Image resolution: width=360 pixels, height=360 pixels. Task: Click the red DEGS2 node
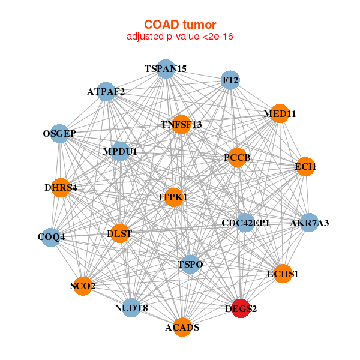click(241, 308)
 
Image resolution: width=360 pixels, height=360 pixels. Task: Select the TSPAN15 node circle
click(166, 69)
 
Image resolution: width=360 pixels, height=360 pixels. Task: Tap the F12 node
click(230, 80)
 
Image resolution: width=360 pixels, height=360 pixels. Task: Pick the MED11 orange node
click(280, 113)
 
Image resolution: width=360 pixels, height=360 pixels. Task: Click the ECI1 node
click(305, 167)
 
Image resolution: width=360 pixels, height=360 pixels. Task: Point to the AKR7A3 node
click(309, 223)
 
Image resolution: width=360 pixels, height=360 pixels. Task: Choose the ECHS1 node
click(283, 274)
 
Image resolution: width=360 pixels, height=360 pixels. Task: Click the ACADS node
click(182, 327)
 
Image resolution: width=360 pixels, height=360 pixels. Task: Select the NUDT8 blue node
click(131, 308)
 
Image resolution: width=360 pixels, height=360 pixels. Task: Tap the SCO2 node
click(83, 286)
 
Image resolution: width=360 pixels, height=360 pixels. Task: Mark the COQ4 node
click(51, 238)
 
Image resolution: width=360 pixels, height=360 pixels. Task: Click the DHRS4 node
click(61, 188)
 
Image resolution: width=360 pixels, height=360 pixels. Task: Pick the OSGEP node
click(59, 134)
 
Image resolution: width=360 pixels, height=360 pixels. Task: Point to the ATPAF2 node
click(106, 92)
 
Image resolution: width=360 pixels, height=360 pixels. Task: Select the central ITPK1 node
click(173, 197)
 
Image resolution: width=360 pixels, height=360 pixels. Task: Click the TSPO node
click(190, 264)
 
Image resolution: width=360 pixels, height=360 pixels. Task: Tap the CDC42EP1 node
click(245, 223)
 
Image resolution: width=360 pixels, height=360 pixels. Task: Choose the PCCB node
click(238, 157)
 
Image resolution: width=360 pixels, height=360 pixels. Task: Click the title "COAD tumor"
click(180, 25)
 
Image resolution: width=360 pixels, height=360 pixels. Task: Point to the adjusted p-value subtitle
click(180, 37)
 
